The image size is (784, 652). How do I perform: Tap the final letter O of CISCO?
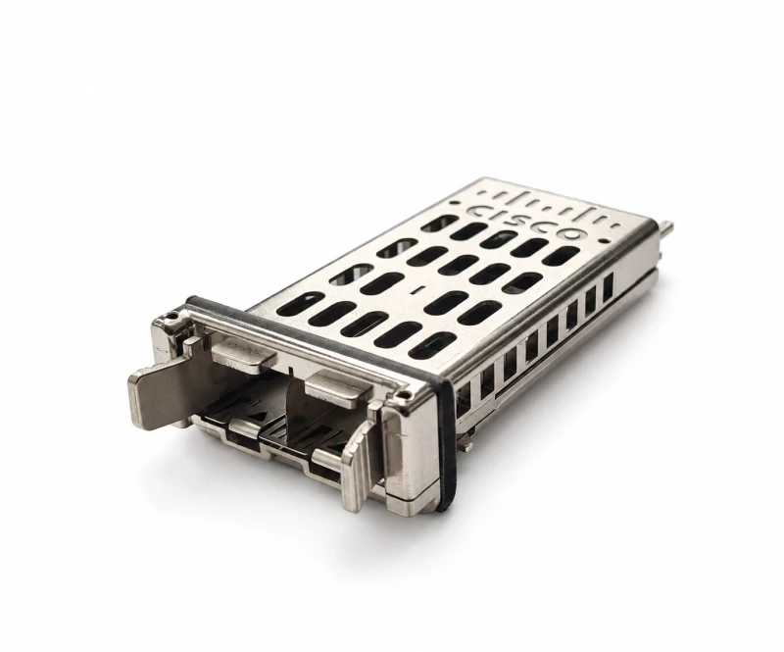571,234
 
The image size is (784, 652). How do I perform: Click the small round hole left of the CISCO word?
454,203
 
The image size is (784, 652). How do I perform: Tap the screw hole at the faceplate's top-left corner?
172,317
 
